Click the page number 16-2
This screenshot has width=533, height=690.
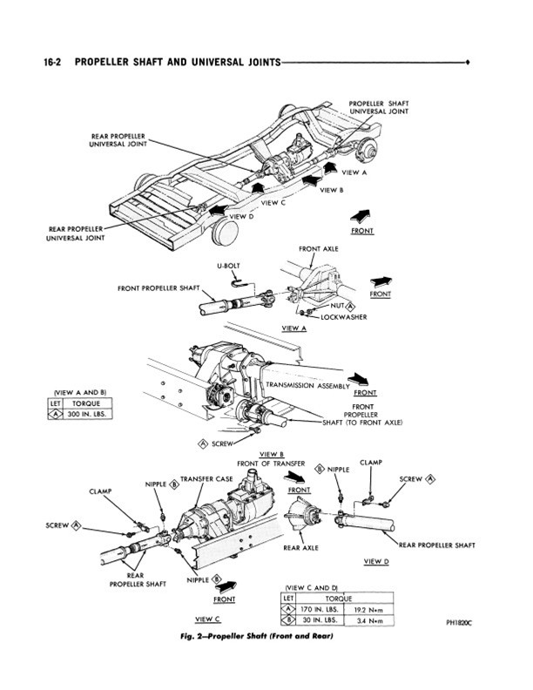click(x=53, y=62)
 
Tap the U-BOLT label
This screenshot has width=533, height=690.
click(x=229, y=267)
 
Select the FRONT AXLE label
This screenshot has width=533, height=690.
click(x=319, y=249)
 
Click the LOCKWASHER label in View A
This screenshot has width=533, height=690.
click(x=343, y=317)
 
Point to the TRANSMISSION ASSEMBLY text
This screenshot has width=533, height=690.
click(x=307, y=385)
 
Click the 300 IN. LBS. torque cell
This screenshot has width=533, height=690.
click(x=86, y=415)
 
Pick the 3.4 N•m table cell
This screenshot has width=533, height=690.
click(x=368, y=621)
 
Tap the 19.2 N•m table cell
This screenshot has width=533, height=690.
click(x=368, y=611)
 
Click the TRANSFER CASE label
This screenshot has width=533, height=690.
click(x=206, y=479)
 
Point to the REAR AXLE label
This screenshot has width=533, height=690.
click(x=300, y=548)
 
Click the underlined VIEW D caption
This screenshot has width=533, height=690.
click(x=376, y=562)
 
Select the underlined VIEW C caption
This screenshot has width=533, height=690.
click(x=207, y=619)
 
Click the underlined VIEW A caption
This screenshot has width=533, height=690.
click(x=293, y=328)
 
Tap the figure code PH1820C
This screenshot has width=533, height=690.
click(x=459, y=623)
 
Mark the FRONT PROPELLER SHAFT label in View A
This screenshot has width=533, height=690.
click(x=159, y=288)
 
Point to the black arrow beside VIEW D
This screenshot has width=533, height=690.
click(x=218, y=210)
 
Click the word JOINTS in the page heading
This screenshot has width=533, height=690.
click(x=263, y=62)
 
